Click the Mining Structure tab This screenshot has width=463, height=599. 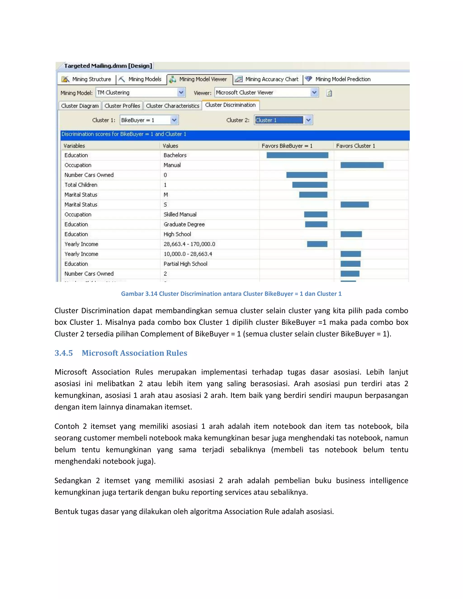[87, 79]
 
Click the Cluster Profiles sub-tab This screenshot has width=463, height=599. [122, 106]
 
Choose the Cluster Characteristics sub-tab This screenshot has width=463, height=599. [172, 106]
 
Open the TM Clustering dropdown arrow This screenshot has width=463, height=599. [181, 93]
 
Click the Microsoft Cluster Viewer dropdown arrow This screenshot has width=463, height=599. [314, 93]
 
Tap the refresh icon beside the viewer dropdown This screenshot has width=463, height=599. [329, 93]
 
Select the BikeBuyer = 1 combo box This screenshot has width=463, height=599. [145, 120]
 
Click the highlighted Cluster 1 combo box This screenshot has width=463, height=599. [279, 120]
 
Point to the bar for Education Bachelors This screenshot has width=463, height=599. [297, 155]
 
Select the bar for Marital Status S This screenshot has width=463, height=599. [354, 205]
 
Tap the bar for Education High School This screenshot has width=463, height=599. [351, 234]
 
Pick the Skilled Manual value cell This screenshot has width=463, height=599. [180, 215]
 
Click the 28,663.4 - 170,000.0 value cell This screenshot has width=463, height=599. [189, 244]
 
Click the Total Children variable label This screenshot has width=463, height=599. [81, 185]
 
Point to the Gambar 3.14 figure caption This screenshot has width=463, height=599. [231, 294]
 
